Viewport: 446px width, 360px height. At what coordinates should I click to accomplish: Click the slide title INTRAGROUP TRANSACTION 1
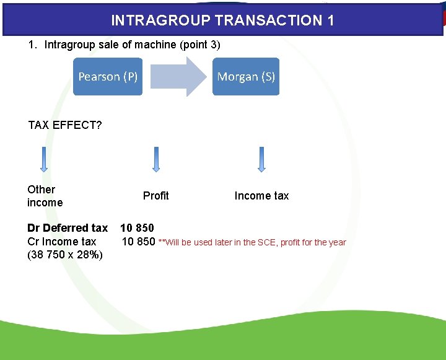(x=222, y=20)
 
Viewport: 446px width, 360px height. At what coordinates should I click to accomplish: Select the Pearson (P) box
(x=108, y=77)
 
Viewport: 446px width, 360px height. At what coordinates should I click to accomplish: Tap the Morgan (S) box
(x=246, y=77)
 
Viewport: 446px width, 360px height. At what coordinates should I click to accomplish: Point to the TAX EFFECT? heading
(x=65, y=126)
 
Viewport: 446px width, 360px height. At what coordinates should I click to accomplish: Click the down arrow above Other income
(x=44, y=160)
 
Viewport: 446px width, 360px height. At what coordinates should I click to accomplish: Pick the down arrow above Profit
(x=156, y=160)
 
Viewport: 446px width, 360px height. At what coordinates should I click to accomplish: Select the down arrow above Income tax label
(x=261, y=160)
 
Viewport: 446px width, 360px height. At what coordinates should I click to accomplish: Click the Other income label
(x=45, y=196)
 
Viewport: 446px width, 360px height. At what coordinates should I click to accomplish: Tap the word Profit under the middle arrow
(x=155, y=196)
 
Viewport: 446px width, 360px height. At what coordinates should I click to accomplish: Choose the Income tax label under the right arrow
(x=261, y=196)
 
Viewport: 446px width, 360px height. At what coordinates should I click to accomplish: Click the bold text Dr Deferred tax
(x=68, y=228)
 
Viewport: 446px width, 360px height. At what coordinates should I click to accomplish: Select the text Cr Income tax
(x=62, y=242)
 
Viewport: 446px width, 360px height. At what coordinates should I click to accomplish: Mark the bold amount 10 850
(x=137, y=228)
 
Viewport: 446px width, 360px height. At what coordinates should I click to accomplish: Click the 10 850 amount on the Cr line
(x=138, y=242)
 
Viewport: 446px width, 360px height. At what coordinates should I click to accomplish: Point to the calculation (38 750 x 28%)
(x=65, y=255)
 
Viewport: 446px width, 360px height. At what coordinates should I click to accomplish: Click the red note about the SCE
(x=252, y=242)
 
